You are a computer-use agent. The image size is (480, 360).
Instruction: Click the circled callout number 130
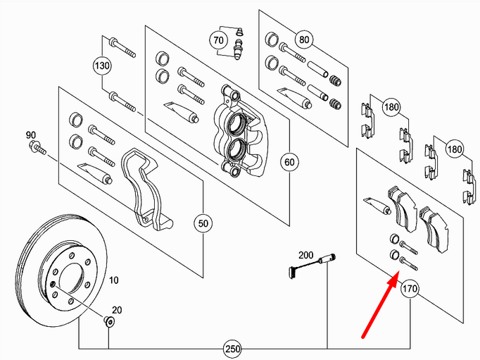[103, 67]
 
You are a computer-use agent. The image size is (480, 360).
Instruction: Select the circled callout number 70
[219, 41]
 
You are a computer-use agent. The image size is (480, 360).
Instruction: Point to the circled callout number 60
[289, 162]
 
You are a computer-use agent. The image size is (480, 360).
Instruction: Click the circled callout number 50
[203, 224]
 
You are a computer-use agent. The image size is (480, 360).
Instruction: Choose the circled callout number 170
[410, 289]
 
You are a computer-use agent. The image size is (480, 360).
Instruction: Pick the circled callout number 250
[232, 349]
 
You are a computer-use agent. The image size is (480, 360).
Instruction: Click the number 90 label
[30, 135]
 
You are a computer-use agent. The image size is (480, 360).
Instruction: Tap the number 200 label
[305, 254]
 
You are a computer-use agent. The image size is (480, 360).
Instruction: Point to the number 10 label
[113, 280]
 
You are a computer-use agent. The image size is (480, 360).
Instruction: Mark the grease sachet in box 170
[376, 205]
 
